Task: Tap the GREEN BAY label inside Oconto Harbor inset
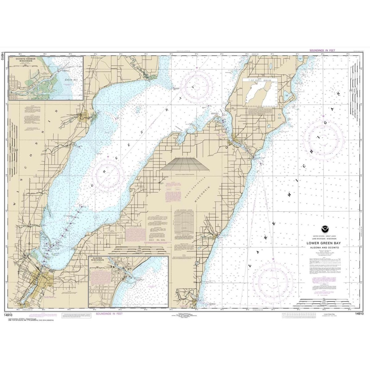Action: click(x=68, y=80)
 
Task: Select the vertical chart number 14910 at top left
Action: click(x=2, y=56)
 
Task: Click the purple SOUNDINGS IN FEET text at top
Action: click(x=322, y=50)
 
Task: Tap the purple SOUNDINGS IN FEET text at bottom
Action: click(x=109, y=314)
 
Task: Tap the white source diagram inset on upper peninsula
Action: click(x=260, y=92)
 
